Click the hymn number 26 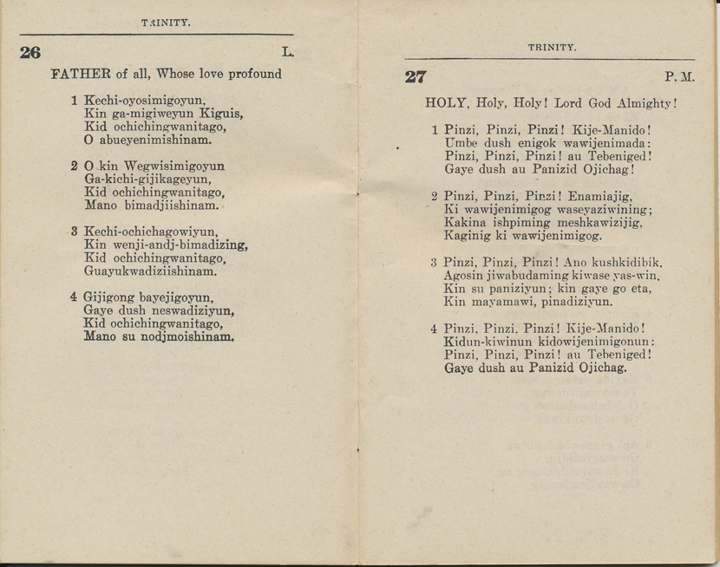(29, 52)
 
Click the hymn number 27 (416, 76)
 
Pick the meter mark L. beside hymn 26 (287, 52)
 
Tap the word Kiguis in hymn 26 (226, 113)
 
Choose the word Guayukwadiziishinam (150, 270)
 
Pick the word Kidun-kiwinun (483, 342)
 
